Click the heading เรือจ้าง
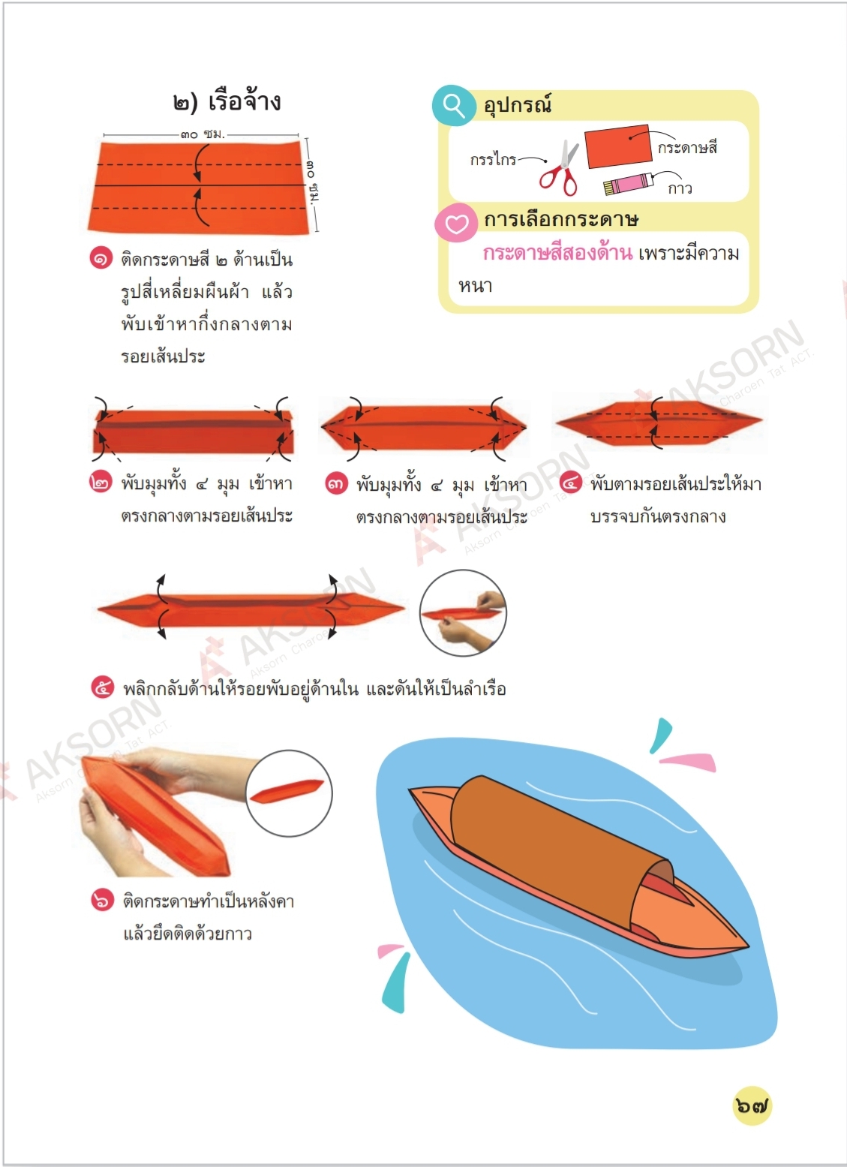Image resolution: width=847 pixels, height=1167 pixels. coord(245,101)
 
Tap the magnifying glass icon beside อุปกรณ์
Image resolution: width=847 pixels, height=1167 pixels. coord(454,105)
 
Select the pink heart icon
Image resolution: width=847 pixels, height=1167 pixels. coord(456,223)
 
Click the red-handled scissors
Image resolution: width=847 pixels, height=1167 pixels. coord(560,168)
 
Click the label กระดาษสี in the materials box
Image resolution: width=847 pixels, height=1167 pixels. coord(687,148)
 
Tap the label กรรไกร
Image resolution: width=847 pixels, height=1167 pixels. coord(493,159)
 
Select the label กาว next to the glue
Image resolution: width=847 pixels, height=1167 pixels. coord(680,188)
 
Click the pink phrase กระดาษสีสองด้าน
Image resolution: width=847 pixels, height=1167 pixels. coord(557,253)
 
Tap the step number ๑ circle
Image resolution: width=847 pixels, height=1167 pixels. coord(101,258)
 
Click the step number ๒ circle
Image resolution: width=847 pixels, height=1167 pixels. coord(101,483)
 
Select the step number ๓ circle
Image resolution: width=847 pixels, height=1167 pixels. coord(337,484)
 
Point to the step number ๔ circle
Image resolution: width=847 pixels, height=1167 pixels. coord(570,483)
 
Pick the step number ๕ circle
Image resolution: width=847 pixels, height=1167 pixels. coord(103,687)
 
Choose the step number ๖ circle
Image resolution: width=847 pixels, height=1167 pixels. coord(102,900)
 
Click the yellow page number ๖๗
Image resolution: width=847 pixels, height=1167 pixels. coord(752,1105)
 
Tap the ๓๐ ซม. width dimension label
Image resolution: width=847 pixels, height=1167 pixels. coord(203,134)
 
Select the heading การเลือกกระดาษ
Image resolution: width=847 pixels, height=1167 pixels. coord(561,219)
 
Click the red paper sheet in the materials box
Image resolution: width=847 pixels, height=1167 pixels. coord(618,146)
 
